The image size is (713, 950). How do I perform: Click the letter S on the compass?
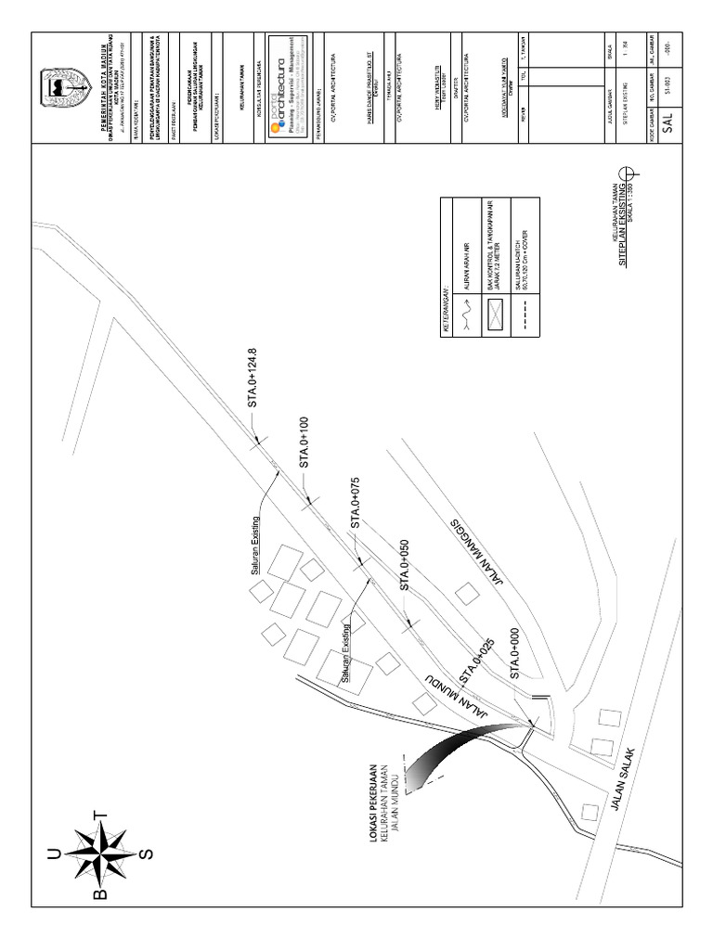point(145,850)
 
